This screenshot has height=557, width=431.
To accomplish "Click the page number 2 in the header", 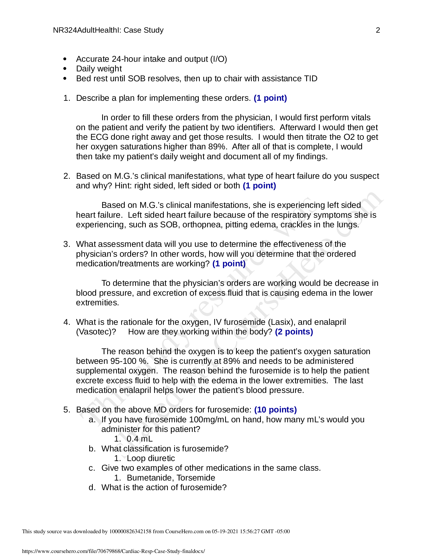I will (x=378, y=30).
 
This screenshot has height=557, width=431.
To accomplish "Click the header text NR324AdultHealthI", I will (x=87, y=30).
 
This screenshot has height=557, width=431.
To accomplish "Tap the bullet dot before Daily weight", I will (x=65, y=69).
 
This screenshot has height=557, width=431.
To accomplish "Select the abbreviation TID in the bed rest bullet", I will (x=311, y=78).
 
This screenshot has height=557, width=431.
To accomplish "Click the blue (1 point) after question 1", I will (x=270, y=98).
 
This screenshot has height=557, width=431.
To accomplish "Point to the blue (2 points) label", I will (x=294, y=332).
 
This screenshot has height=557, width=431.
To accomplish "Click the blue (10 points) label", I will (x=276, y=410).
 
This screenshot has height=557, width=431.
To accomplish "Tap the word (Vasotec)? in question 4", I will (x=96, y=332).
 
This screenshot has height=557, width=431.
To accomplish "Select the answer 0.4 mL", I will (x=139, y=439).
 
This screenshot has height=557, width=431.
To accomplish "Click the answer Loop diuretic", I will (x=151, y=458).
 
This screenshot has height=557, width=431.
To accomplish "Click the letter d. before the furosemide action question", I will (x=92, y=487).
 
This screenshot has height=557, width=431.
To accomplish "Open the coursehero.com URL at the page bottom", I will (x=113, y=551).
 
